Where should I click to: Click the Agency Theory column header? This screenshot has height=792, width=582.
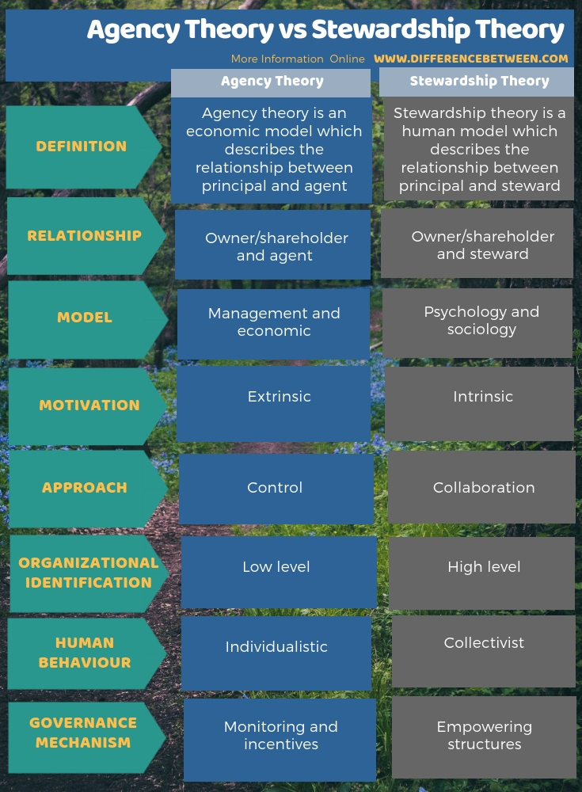[272, 82]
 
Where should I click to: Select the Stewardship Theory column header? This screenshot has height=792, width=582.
[478, 82]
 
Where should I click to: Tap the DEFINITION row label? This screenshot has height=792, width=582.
[82, 147]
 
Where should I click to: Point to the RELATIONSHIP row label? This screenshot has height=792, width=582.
[84, 236]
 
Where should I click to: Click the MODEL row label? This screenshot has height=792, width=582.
[85, 318]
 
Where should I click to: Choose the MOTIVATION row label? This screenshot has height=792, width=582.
[89, 406]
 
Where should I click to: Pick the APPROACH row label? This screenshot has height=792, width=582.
[85, 488]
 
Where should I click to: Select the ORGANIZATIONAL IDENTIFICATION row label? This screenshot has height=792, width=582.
[88, 573]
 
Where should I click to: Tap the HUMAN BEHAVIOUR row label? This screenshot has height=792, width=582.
[85, 653]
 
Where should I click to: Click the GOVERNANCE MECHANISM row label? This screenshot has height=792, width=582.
[83, 733]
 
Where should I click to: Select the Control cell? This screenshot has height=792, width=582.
[276, 488]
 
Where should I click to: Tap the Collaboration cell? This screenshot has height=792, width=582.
[482, 488]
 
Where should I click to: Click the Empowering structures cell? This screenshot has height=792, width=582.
[484, 736]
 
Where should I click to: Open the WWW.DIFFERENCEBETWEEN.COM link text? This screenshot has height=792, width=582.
[471, 59]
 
